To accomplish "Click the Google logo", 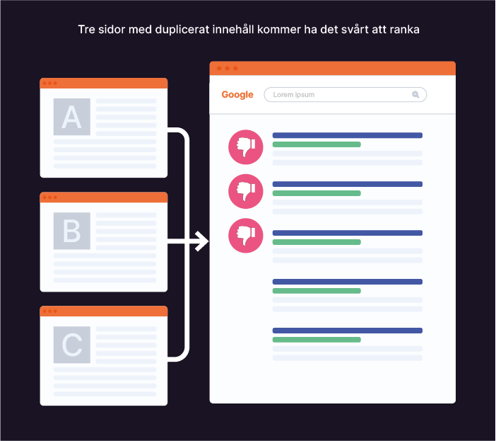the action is tap(237, 95).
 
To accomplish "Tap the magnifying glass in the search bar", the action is tap(415, 94).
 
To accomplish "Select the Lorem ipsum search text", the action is tap(294, 95).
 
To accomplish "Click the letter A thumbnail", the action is tap(72, 117).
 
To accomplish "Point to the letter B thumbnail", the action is tap(72, 231).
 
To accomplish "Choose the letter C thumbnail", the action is tap(72, 345).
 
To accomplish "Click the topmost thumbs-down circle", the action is tap(246, 147).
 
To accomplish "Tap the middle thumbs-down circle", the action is tap(246, 191).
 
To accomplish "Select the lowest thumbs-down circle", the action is tap(246, 236).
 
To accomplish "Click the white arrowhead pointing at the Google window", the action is tap(202, 241).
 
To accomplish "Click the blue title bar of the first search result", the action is tap(347, 135).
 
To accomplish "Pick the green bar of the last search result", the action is tap(317, 340).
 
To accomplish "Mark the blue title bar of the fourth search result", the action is tap(347, 282).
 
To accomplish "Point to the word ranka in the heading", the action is tap(405, 30).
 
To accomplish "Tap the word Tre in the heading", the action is tap(86, 30).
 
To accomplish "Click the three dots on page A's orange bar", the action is tap(49, 84).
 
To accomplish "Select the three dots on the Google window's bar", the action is tap(227, 69).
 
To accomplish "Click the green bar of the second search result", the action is tap(317, 193).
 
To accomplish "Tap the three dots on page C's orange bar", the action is tap(49, 311).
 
